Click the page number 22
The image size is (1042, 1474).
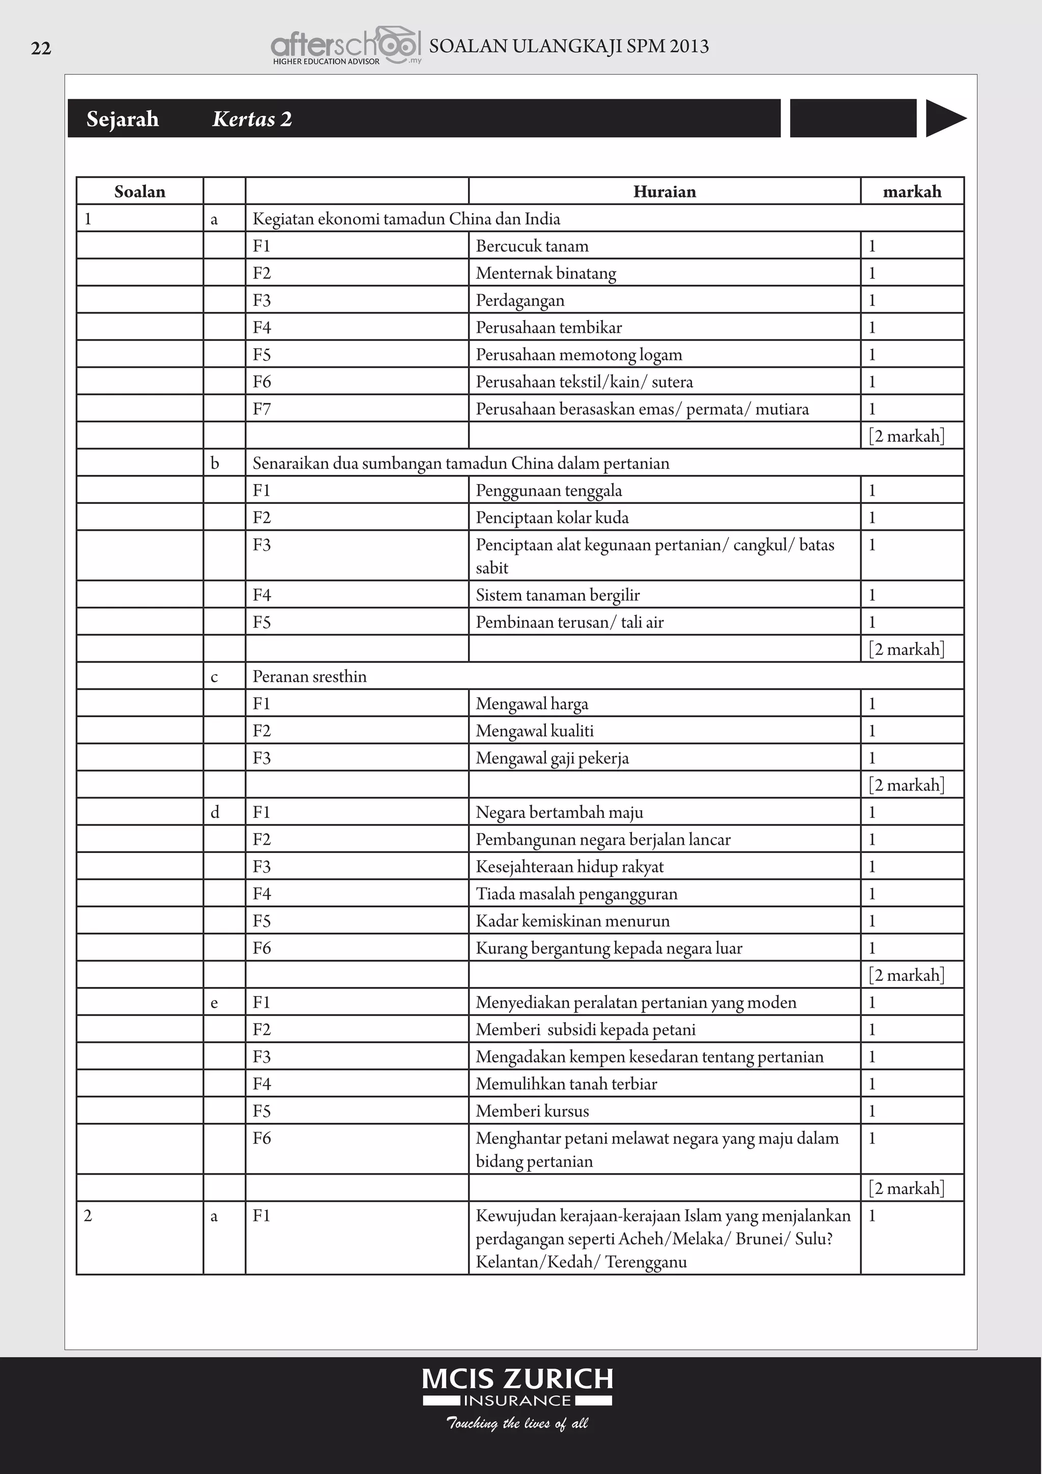point(41,49)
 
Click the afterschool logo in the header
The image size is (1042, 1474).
point(345,46)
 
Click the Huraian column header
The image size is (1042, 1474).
point(664,191)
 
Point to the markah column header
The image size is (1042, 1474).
point(912,191)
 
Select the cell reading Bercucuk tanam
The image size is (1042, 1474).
point(532,246)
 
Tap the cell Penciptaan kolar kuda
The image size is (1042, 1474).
point(552,518)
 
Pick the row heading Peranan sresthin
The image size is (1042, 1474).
point(309,676)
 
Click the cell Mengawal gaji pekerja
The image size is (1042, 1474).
point(552,758)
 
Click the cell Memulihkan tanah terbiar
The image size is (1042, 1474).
point(566,1084)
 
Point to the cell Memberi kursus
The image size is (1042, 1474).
point(532,1111)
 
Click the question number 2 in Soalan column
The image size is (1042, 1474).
point(88,1215)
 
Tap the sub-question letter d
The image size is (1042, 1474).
point(214,812)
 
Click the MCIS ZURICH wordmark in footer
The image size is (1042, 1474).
point(517,1379)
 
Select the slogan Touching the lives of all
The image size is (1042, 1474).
point(517,1423)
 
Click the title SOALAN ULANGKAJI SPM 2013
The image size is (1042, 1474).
point(568,47)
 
